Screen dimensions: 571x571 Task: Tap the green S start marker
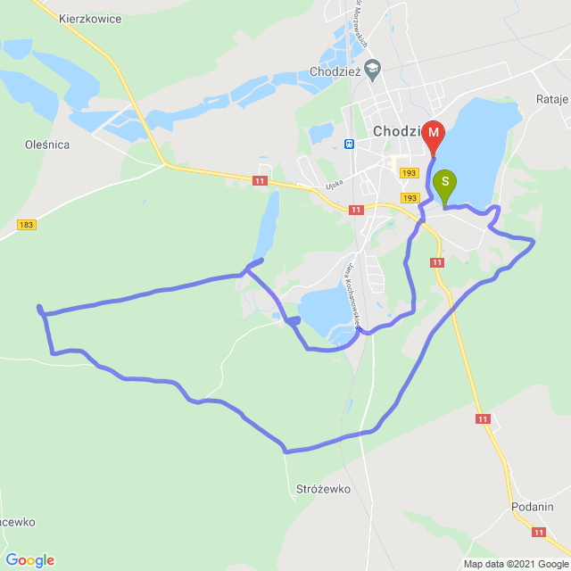(444, 185)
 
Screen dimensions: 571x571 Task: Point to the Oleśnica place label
(48, 144)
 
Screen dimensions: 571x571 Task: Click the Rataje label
(552, 99)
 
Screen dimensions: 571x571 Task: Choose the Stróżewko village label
(322, 489)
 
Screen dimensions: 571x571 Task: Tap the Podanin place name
(533, 506)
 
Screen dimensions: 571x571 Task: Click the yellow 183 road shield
(27, 225)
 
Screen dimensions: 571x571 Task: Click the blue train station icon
(349, 143)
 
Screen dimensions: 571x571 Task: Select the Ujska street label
(335, 187)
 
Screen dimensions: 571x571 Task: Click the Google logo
(29, 560)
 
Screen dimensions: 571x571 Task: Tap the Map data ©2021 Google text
(515, 564)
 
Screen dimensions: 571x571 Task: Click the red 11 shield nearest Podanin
(538, 533)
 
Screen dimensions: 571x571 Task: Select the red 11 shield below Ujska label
(356, 210)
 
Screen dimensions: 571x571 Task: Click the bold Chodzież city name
(397, 131)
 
